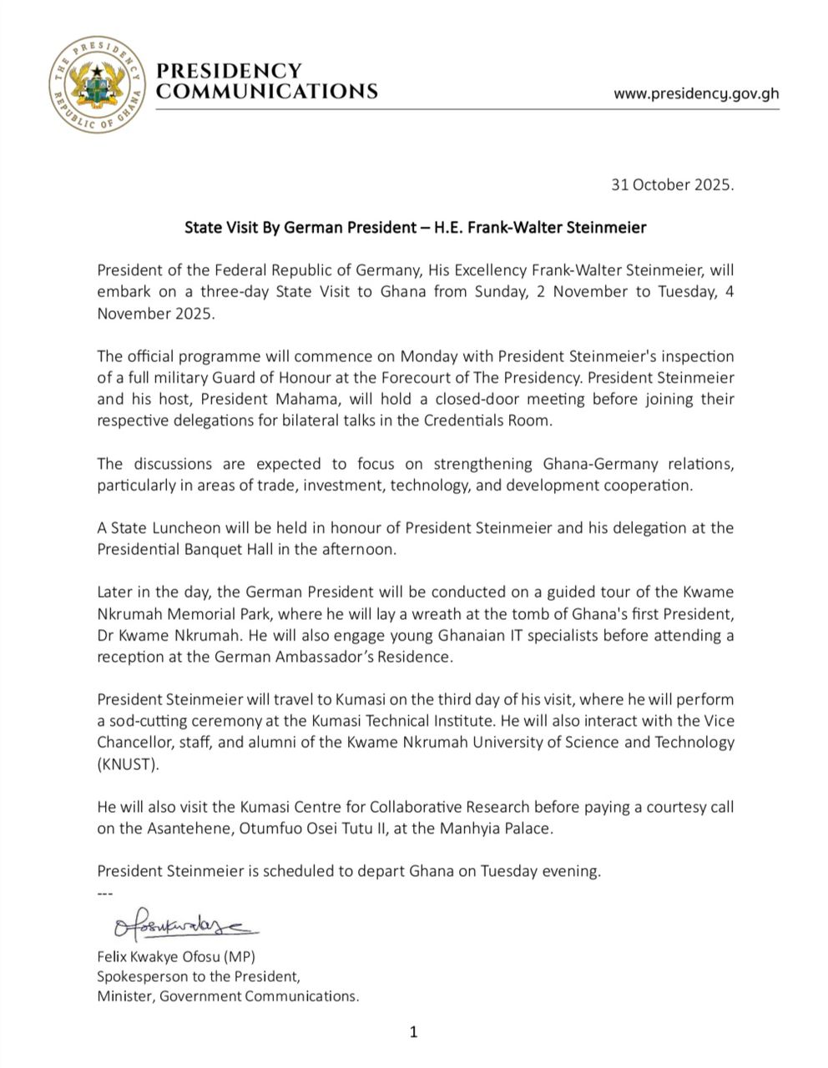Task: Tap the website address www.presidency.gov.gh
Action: (696, 93)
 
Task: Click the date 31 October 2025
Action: (673, 184)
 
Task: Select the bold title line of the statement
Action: (416, 227)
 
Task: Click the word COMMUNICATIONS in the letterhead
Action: (267, 91)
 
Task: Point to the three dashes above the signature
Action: (104, 890)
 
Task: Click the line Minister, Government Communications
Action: (228, 995)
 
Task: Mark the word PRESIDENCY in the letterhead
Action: (230, 70)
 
